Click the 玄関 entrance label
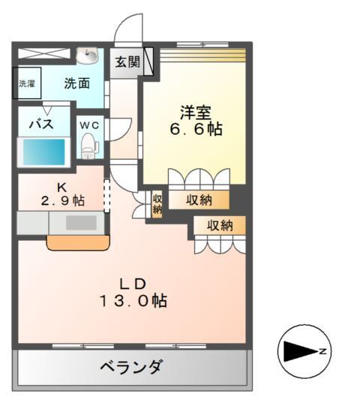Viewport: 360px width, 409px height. [x=127, y=62]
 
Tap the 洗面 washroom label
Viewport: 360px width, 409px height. [x=76, y=83]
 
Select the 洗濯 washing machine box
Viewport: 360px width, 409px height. [x=27, y=83]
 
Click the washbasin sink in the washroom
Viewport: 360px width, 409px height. [x=88, y=57]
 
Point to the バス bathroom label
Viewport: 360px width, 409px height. [x=40, y=124]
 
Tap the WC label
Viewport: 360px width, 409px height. [x=89, y=124]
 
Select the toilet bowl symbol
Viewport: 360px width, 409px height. [x=89, y=144]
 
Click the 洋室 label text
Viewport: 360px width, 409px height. [x=194, y=113]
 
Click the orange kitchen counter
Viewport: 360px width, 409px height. [x=78, y=242]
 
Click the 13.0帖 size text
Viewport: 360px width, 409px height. [x=135, y=302]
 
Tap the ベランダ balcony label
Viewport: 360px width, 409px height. [x=131, y=367]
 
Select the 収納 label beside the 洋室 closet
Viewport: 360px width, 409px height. [x=199, y=200]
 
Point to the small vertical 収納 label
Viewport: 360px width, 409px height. [x=157, y=204]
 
